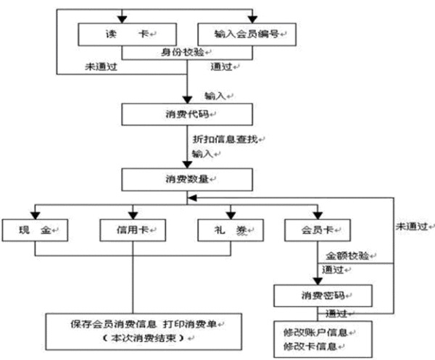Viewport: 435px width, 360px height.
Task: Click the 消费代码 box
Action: click(x=187, y=114)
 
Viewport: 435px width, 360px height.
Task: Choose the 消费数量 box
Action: click(x=187, y=177)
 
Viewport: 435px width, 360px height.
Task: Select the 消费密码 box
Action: click(x=323, y=296)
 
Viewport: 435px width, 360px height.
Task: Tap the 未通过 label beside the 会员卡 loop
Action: click(x=411, y=225)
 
